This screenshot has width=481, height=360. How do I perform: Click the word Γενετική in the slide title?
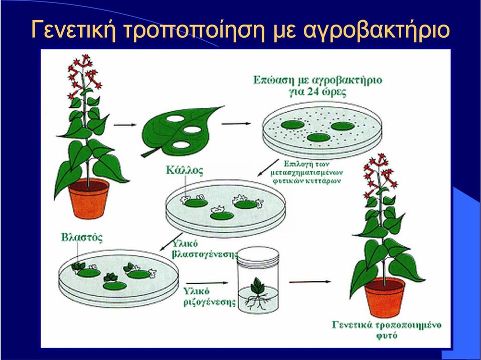click(x=74, y=30)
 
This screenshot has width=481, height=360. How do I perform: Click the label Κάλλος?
click(x=185, y=170)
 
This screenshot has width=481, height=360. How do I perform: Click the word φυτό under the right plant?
click(x=387, y=335)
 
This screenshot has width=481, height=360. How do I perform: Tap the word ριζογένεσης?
click(x=209, y=302)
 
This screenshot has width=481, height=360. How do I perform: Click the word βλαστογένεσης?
click(x=205, y=255)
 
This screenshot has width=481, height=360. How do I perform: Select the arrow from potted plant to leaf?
click(x=124, y=125)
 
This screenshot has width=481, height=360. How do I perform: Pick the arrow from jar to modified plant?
click(x=310, y=281)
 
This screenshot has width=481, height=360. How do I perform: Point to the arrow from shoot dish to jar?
click(x=207, y=283)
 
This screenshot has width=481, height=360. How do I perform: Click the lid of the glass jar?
click(x=259, y=255)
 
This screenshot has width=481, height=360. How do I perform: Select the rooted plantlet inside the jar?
click(x=258, y=293)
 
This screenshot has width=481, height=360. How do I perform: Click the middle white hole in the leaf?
click(x=192, y=130)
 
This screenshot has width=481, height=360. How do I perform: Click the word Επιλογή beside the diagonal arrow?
click(x=296, y=164)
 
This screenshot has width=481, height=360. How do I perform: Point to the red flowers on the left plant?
click(x=83, y=75)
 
